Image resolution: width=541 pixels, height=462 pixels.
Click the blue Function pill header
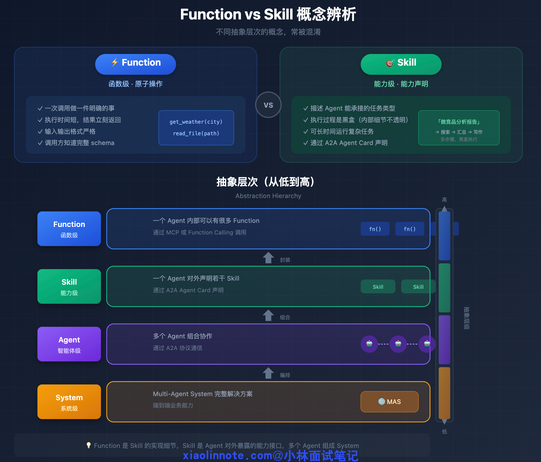(135, 64)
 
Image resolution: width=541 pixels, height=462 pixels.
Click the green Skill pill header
(401, 64)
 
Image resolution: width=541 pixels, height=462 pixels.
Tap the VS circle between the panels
(268, 105)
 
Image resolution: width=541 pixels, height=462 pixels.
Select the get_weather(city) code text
(196, 122)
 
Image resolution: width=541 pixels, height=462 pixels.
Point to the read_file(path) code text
(196, 133)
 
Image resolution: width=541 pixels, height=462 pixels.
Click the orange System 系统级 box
(69, 402)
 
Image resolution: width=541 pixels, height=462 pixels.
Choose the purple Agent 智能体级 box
(69, 344)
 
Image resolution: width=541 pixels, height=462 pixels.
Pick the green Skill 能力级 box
(69, 286)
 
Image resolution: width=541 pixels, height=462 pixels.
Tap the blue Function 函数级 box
(69, 228)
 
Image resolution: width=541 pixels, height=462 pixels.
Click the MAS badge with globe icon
(390, 402)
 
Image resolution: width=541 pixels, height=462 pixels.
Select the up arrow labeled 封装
(268, 258)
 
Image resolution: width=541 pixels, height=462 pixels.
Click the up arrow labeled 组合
(268, 315)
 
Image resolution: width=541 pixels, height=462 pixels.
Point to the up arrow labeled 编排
(268, 373)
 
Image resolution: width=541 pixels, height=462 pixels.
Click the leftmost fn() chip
(375, 229)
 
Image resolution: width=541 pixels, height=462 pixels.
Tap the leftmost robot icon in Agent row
(369, 344)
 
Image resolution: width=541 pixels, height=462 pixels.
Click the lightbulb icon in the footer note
(89, 445)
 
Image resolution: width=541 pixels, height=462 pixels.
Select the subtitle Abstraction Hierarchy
(268, 196)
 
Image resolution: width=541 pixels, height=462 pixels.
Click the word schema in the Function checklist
(103, 143)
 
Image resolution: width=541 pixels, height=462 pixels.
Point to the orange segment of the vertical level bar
(444, 392)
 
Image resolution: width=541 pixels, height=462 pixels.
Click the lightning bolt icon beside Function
(115, 62)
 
